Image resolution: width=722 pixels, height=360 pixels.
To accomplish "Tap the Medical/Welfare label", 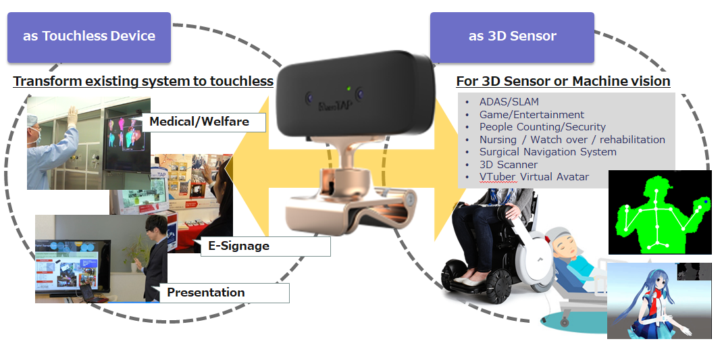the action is tap(203, 122).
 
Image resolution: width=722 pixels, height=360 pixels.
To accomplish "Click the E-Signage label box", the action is tap(265, 247).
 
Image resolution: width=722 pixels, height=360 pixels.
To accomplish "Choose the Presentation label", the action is tap(224, 292).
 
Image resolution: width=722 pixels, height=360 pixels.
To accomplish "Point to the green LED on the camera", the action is tap(349, 89).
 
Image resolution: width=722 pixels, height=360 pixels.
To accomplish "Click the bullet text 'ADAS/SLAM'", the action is tap(509, 102).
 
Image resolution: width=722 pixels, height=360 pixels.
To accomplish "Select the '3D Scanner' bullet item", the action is tap(509, 164).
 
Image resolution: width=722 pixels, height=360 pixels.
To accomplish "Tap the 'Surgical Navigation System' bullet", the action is tap(548, 152).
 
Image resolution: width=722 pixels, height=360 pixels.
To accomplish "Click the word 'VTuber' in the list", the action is tap(498, 177).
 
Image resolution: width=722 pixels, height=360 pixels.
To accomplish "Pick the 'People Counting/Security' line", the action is tap(542, 127).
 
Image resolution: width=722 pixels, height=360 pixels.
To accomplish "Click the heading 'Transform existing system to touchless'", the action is tap(143, 82).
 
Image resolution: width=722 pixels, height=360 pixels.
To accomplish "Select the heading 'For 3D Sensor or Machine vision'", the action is tap(563, 82).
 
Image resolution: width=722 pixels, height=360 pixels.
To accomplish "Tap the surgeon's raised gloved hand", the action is tap(72, 116).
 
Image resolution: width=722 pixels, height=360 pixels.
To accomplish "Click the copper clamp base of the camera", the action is tap(350, 208).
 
